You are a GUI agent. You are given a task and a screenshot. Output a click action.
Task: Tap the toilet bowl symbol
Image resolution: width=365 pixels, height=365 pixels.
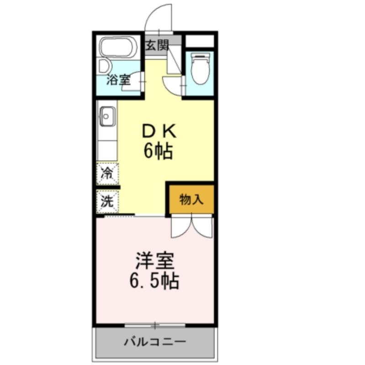200,68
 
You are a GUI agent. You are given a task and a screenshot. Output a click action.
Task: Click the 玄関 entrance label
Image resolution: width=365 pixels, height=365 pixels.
157,45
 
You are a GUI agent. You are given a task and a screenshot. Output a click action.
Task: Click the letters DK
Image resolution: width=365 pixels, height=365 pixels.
159,132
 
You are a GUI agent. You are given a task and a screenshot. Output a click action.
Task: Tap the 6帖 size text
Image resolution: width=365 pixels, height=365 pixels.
158,151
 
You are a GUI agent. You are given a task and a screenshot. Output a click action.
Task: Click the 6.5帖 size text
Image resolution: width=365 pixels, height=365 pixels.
154,281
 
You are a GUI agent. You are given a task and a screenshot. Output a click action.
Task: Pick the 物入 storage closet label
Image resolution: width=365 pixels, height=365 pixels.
191,199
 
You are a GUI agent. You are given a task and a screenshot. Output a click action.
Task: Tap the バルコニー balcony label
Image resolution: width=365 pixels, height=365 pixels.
155,342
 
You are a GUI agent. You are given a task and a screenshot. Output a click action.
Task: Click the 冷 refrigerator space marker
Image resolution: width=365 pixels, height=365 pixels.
107,173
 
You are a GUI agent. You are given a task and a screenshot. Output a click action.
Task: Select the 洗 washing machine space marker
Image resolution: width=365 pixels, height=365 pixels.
107,201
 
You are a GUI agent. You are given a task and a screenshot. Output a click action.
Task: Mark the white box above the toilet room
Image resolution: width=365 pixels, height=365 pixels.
200,41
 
